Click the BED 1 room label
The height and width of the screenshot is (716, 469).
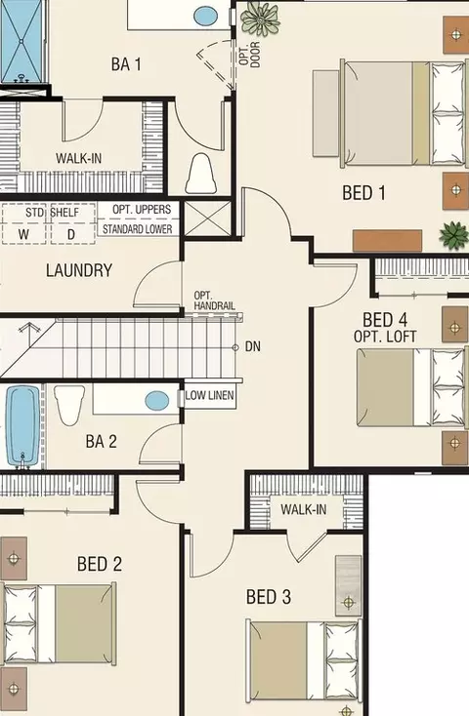[x=363, y=193]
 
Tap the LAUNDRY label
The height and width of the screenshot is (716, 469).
[x=79, y=270]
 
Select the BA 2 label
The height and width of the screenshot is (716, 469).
[x=101, y=441]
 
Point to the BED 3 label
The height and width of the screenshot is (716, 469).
[x=268, y=596]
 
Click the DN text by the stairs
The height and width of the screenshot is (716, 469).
[x=252, y=346]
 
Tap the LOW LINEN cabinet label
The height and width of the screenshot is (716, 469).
[x=209, y=395]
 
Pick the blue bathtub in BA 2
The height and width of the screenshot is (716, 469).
[x=22, y=425]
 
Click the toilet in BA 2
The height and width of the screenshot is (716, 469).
[x=69, y=405]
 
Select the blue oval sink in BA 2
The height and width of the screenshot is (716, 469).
[x=157, y=401]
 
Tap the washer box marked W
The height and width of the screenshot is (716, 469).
[x=23, y=223]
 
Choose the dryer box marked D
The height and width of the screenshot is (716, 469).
[x=72, y=223]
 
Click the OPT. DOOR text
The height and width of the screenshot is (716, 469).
[x=249, y=55]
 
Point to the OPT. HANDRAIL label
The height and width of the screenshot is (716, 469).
[x=214, y=300]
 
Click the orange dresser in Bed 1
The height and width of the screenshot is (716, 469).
[x=387, y=241]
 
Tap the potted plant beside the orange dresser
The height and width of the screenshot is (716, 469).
[x=454, y=235]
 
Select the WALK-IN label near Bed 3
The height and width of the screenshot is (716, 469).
[x=303, y=509]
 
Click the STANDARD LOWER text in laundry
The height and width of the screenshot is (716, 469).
[x=137, y=229]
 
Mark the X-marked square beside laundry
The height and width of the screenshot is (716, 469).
[x=208, y=219]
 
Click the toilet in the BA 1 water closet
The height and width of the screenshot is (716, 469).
[x=201, y=174]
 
